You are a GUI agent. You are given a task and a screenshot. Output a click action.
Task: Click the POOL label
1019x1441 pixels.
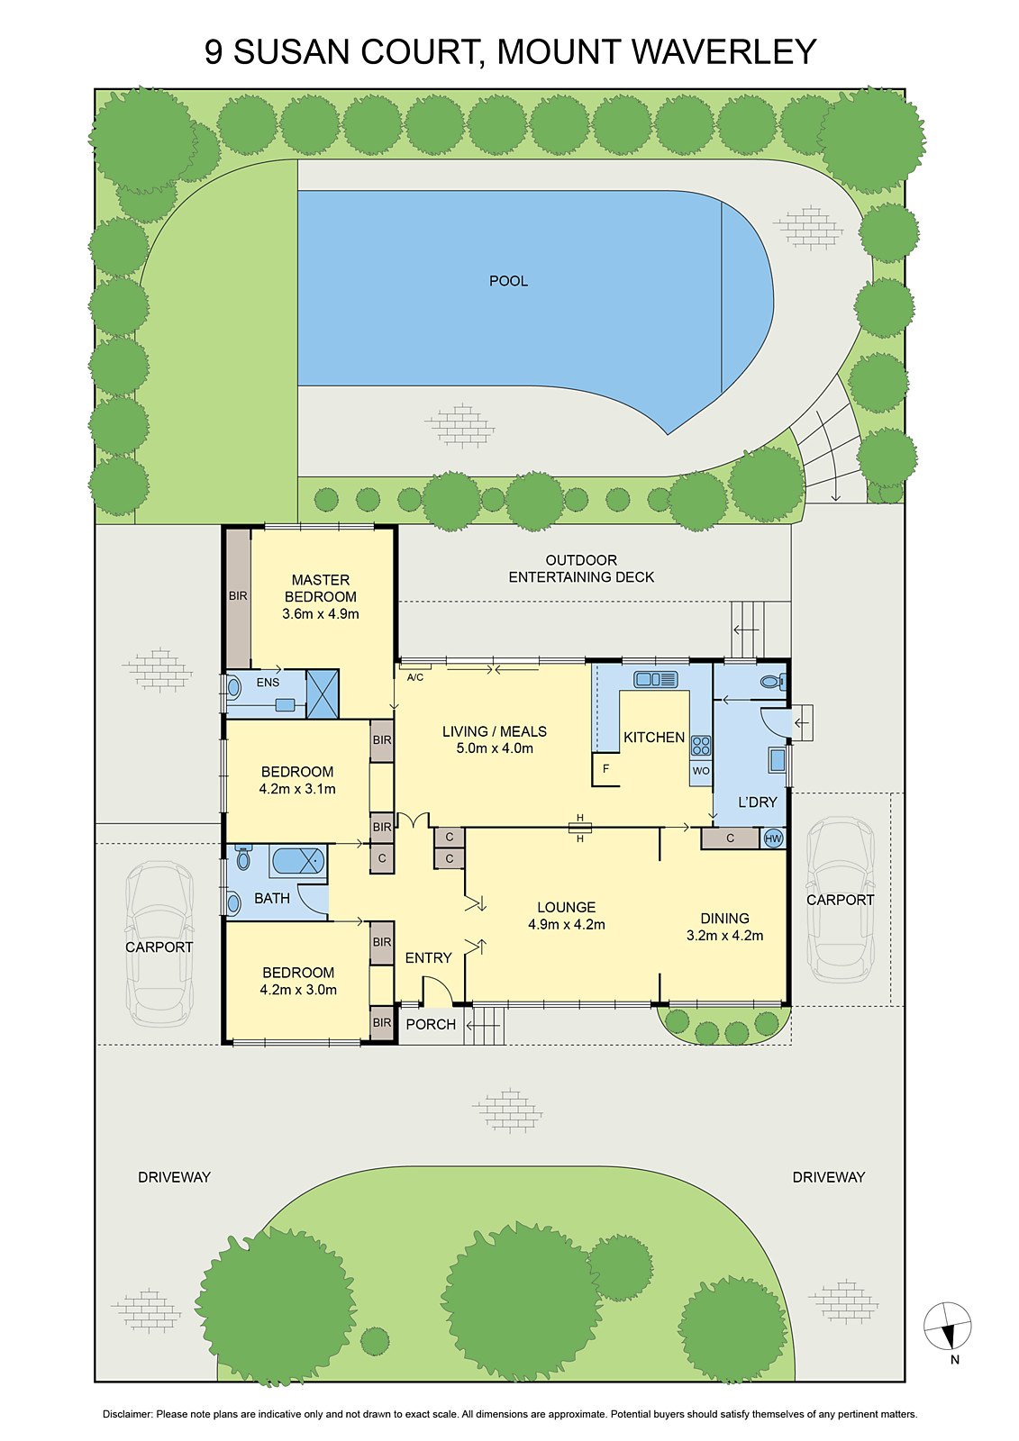coord(508,281)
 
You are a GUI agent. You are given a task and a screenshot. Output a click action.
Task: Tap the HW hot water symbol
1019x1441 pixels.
coord(773,838)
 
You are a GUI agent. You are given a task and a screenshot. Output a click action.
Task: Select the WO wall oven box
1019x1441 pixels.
coord(701,771)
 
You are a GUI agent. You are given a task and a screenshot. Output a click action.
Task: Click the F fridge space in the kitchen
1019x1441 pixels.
coord(605,769)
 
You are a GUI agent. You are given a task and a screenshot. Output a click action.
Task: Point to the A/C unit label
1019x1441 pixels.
coord(415,677)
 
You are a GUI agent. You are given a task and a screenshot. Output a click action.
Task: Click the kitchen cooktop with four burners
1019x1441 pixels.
coord(701,745)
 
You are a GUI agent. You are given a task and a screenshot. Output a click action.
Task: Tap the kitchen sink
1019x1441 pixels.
coord(655,679)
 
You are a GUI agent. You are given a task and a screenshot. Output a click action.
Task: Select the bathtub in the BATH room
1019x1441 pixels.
coord(296,860)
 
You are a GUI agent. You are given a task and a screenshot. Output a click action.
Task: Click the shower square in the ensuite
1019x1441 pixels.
coord(323,693)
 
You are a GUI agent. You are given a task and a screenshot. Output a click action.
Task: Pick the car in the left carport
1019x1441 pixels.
coord(159,943)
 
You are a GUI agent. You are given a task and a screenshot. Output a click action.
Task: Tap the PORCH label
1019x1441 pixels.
coord(431,1024)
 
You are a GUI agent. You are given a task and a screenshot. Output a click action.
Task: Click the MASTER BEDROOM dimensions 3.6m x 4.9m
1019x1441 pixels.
coord(321,614)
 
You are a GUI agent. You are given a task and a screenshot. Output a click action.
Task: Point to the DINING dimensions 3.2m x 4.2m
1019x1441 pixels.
coord(724,936)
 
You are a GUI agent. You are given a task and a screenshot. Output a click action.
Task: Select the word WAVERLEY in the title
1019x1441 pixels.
coord(724,52)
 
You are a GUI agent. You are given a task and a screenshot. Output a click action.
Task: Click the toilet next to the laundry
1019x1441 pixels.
coord(773,682)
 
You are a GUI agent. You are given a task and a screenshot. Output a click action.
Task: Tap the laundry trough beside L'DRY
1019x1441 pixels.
coord(778,760)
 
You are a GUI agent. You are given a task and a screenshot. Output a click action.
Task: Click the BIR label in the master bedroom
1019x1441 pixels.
coord(238,596)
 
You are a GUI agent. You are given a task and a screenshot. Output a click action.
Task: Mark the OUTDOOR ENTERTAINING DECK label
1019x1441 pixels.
coord(581,568)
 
